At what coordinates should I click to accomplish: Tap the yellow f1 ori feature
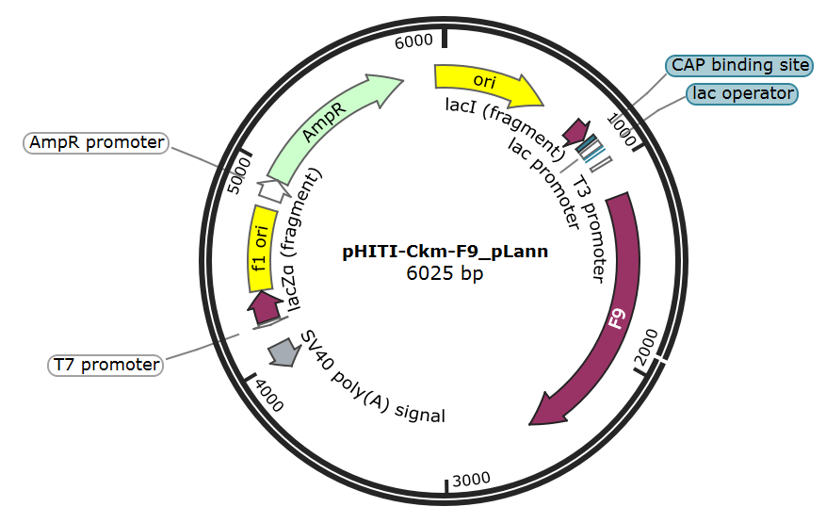click(x=261, y=249)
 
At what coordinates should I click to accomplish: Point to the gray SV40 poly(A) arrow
click(x=283, y=351)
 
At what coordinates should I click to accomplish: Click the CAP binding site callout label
click(x=739, y=65)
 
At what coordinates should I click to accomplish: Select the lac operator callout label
click(x=742, y=94)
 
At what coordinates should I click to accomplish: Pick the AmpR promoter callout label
click(x=96, y=143)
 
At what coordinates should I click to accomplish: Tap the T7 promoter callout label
click(x=105, y=365)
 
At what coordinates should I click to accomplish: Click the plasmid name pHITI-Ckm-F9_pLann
click(x=445, y=252)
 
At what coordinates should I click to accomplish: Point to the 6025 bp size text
click(x=445, y=273)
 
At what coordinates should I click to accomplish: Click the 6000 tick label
click(x=413, y=41)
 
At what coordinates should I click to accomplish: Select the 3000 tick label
click(x=471, y=480)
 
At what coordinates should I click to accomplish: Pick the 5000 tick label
click(x=239, y=175)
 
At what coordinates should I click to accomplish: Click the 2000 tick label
click(x=647, y=347)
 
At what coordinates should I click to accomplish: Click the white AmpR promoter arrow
click(x=273, y=191)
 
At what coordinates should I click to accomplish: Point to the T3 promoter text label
click(x=589, y=228)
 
